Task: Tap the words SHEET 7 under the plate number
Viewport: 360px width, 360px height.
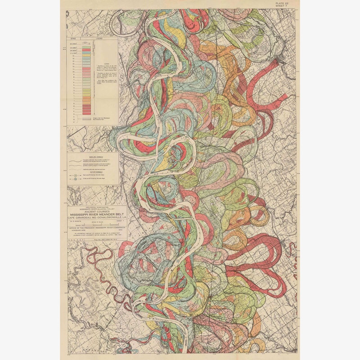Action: pos(288,6)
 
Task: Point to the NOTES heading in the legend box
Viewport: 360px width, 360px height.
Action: pos(106,63)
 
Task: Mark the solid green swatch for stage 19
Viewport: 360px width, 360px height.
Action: pos(87,48)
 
